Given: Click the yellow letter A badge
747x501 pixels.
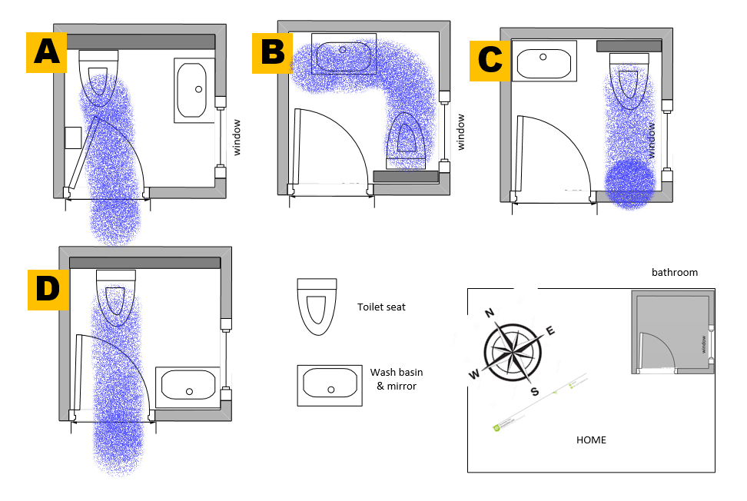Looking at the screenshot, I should coord(47,52).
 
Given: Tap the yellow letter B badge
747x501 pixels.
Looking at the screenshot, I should coord(273,52).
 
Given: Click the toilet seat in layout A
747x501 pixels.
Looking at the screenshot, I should coord(99,77).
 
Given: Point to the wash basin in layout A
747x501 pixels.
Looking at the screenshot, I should coord(195,90).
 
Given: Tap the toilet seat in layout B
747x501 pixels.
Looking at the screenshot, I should coord(407,138).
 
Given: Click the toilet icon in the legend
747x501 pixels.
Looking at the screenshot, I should coord(317,307).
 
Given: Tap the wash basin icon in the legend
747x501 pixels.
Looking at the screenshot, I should coord(330,385).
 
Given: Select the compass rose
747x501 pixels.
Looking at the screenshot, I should coord(513,350).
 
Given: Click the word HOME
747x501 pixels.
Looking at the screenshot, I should coord(591,440).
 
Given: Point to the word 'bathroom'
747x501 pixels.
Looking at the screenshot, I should coord(674,272).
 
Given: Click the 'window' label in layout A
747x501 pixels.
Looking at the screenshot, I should coord(237,137).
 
